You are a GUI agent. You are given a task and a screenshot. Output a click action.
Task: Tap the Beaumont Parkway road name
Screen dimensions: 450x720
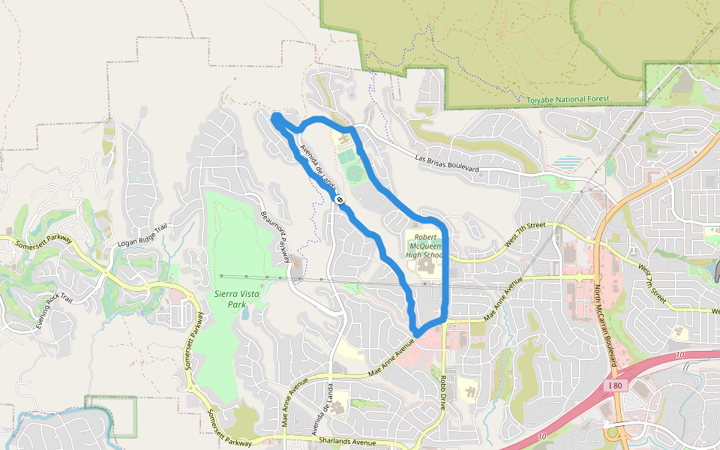click(275, 235)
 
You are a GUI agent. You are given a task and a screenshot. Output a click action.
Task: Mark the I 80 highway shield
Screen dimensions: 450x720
click(614, 385)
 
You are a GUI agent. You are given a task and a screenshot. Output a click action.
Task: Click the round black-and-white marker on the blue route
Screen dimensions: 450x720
click(340, 199)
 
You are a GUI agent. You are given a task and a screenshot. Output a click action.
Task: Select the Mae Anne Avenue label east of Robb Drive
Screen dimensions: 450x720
click(502, 301)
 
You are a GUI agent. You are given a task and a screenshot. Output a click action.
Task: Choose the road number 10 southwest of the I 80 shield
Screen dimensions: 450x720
click(541, 436)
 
